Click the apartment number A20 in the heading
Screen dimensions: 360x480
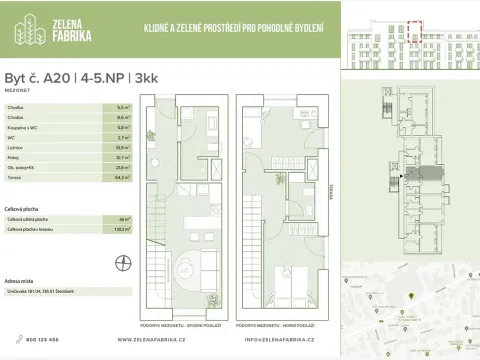(57, 74)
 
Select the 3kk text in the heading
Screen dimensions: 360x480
(116, 74)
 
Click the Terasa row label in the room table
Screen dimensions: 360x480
(14, 177)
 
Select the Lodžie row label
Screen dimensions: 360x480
(15, 147)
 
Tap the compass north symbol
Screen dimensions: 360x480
(123, 263)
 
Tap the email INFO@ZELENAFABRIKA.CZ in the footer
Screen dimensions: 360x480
(286, 339)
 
